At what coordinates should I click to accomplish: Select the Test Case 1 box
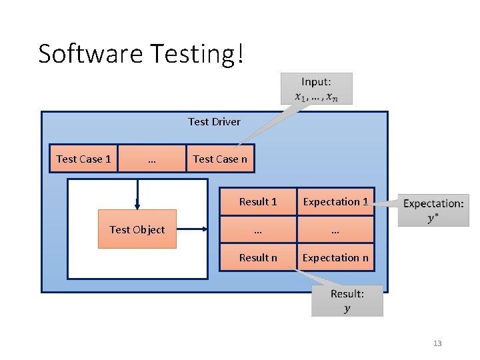point(83,159)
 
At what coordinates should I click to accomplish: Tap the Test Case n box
point(220,159)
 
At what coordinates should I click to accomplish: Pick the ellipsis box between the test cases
point(152,159)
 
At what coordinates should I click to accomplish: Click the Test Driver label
point(214,121)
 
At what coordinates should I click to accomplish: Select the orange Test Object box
point(137,229)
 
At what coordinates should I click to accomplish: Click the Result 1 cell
point(258,201)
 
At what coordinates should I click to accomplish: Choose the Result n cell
point(258,257)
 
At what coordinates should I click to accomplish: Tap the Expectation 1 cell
point(335,201)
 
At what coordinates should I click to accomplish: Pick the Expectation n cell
point(335,257)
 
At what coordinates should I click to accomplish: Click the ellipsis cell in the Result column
point(258,229)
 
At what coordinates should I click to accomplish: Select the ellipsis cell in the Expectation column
point(335,229)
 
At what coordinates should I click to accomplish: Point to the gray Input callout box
point(317,88)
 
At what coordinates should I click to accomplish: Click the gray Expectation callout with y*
point(433,210)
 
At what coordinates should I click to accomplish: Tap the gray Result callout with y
point(347,300)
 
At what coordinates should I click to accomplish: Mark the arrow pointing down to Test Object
point(137,195)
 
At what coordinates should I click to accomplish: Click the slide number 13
point(437,343)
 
